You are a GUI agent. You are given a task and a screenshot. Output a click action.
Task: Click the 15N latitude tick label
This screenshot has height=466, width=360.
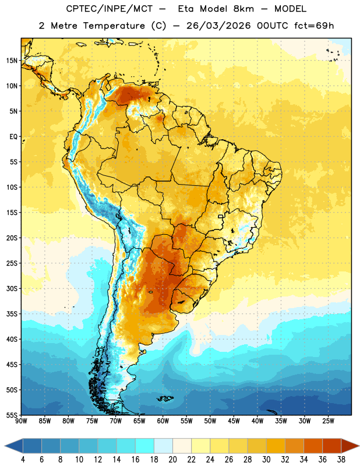click(12, 61)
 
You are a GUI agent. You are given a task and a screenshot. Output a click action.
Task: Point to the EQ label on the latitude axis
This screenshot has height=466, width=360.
click(13, 137)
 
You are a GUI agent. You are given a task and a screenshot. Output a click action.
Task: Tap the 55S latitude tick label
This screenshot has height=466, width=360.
click(12, 415)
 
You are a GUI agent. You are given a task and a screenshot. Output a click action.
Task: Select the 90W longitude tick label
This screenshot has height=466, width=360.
click(22, 421)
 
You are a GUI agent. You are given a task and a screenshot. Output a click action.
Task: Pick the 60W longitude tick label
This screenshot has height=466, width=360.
click(163, 421)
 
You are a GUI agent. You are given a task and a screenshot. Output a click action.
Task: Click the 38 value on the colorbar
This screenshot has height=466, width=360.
click(341, 460)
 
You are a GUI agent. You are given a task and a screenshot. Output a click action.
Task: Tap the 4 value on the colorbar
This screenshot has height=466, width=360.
click(23, 460)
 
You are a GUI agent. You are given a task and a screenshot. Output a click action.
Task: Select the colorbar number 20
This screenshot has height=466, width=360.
click(172, 460)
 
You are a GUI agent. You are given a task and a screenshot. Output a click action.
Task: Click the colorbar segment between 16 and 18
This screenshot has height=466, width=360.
click(145, 446)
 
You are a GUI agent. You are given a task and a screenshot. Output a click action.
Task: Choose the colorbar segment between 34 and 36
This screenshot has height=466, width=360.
click(313, 446)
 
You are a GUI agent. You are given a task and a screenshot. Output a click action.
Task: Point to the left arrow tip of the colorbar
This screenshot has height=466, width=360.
click(5, 446)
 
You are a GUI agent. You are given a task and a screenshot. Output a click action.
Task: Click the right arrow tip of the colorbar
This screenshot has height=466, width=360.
click(359, 446)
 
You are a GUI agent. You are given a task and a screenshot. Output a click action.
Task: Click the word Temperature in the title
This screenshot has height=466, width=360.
click(114, 26)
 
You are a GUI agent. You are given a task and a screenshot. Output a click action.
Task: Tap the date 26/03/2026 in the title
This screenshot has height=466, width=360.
click(218, 26)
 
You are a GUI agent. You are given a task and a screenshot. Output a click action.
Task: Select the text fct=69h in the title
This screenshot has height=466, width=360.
click(314, 26)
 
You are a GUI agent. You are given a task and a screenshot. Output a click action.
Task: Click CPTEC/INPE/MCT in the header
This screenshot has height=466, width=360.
click(109, 9)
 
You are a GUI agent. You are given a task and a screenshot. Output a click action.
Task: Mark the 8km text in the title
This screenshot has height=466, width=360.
click(243, 9)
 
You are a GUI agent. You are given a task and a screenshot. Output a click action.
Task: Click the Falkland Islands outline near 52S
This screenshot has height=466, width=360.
click(165, 398)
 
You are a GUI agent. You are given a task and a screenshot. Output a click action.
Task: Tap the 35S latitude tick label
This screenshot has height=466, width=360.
click(12, 314)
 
